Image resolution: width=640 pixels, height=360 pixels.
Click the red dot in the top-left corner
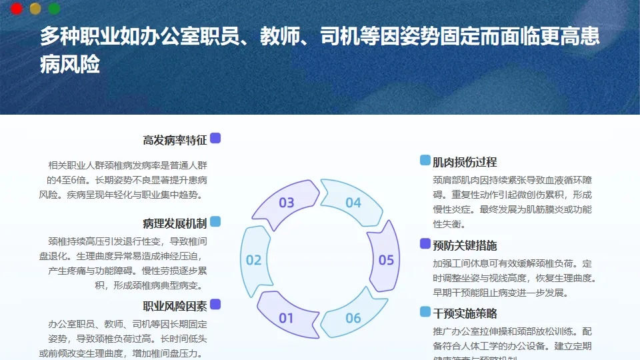[17, 9]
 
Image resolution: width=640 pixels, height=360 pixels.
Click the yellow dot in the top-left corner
[36, 9]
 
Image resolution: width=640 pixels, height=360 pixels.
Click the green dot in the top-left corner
[55, 9]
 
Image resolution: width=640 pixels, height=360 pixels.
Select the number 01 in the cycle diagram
[286, 318]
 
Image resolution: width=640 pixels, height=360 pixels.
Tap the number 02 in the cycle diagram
[253, 260]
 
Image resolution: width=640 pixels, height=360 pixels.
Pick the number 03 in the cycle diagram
[286, 203]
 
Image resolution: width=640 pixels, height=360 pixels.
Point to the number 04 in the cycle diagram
[353, 203]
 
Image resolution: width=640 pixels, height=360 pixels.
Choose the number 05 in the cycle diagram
[386, 260]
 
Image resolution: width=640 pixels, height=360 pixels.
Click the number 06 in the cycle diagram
[353, 318]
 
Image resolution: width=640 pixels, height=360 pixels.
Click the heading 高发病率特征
[175, 140]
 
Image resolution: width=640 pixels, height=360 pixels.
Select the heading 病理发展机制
[175, 223]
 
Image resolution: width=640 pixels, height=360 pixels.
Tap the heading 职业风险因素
[175, 306]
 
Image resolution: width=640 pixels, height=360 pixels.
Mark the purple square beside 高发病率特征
[215, 139]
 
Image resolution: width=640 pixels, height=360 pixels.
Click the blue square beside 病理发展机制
[215, 221]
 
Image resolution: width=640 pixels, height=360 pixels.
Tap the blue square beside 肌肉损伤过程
[425, 160]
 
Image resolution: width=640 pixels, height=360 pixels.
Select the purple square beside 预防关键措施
[425, 244]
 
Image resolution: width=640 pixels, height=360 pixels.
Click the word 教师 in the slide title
[267, 37]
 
